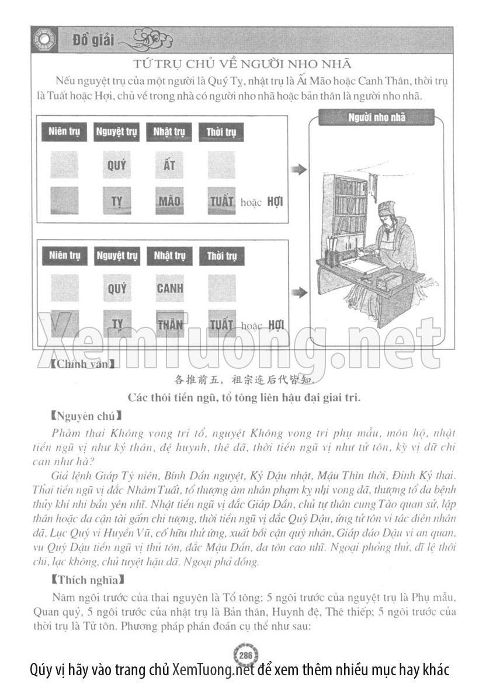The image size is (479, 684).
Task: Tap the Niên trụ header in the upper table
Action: click(65, 132)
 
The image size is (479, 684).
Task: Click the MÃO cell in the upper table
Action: click(169, 202)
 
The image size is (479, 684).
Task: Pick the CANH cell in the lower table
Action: click(170, 288)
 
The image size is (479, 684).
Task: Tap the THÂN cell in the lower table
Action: click(170, 324)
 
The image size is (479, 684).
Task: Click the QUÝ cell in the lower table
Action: click(117, 288)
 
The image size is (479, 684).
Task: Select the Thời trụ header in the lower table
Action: click(221, 256)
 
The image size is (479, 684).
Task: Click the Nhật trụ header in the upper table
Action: click(169, 132)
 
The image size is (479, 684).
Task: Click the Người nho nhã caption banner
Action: click(377, 118)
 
